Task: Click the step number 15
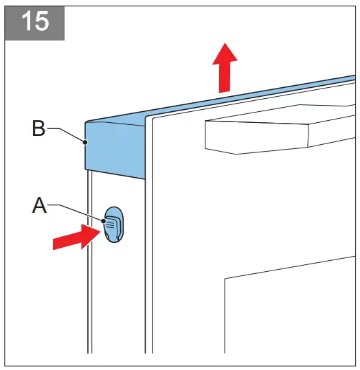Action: click(34, 21)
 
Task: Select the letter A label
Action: click(39, 206)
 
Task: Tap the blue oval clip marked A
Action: click(114, 224)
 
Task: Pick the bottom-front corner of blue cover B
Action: click(145, 179)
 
